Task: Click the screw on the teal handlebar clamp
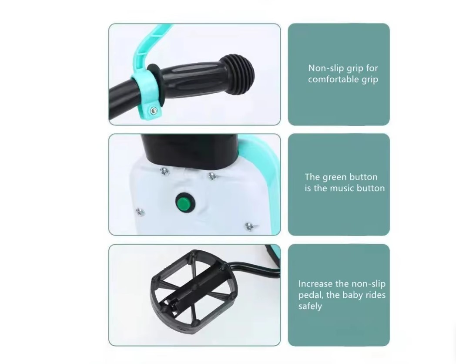pos(153,110)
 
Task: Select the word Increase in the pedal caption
pos(315,284)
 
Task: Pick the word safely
pos(310,307)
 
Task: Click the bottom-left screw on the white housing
pos(141,212)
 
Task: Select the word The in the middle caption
pos(312,177)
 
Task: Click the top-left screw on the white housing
pos(164,171)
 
